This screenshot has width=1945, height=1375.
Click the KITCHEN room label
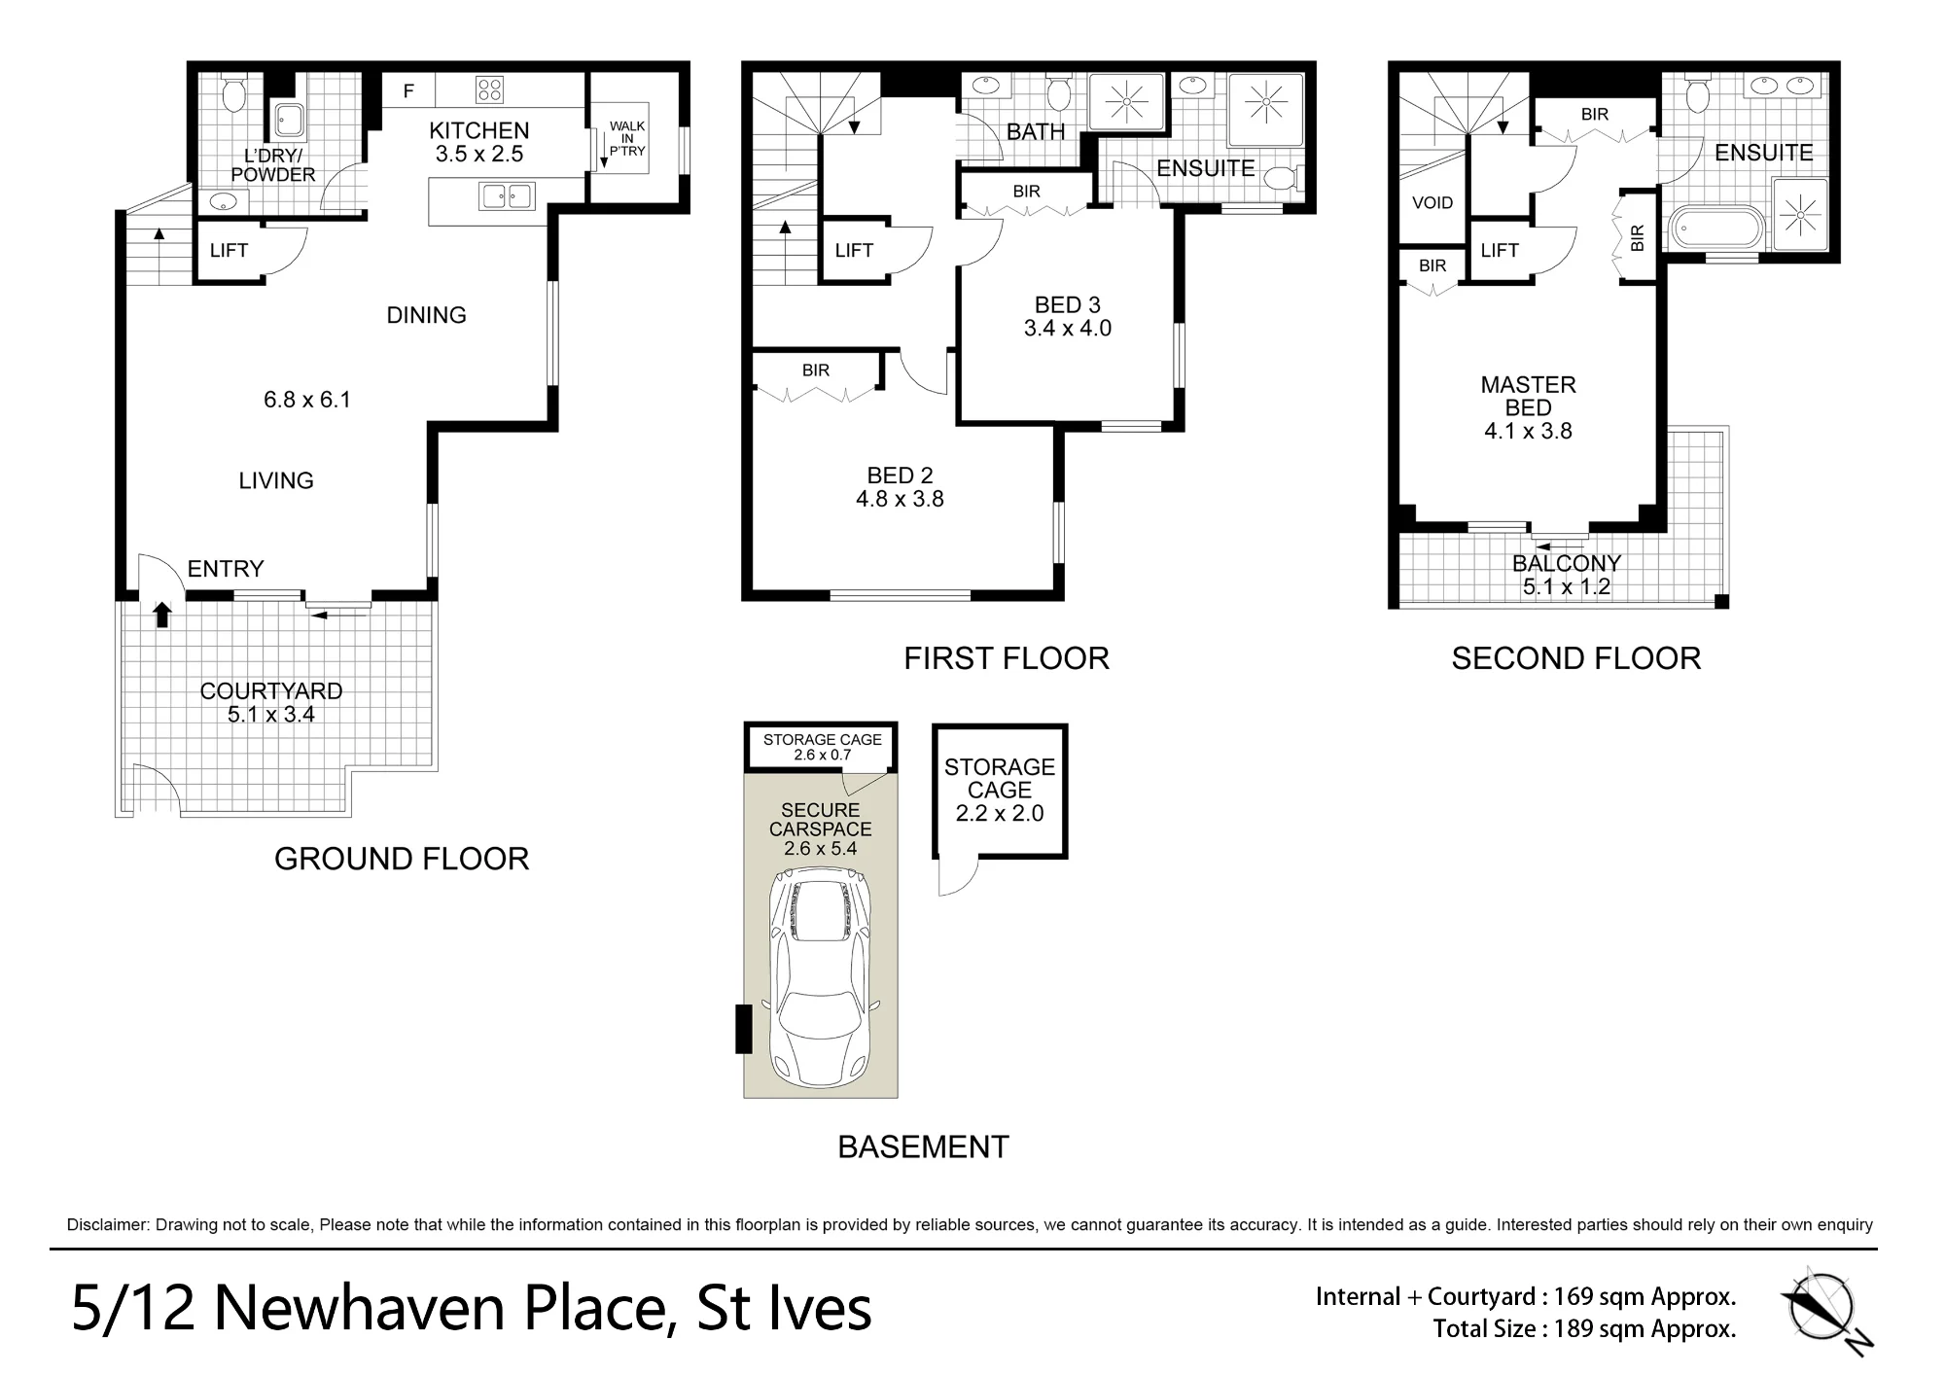point(479,130)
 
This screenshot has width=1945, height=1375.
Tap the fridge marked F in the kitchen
point(408,91)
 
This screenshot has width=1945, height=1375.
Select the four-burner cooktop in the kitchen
point(489,90)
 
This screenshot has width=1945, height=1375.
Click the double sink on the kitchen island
point(507,196)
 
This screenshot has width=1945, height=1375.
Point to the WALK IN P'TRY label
point(627,138)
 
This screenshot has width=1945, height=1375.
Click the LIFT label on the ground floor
point(229,250)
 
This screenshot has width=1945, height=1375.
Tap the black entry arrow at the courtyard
point(162,614)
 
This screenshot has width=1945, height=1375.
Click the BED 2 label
point(900,476)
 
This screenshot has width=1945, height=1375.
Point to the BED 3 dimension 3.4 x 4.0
point(1068,329)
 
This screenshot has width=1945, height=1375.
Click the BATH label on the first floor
point(1036,132)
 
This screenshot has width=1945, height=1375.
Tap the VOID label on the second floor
point(1432,203)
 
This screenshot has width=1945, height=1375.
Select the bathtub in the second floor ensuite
point(1716,230)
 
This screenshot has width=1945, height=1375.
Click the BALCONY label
point(1567,563)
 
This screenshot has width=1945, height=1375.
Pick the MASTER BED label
point(1528,397)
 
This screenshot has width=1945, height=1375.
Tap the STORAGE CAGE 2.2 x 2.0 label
point(1000,791)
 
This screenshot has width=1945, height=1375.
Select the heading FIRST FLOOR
point(1007,658)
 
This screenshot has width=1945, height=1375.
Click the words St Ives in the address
point(784,1308)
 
